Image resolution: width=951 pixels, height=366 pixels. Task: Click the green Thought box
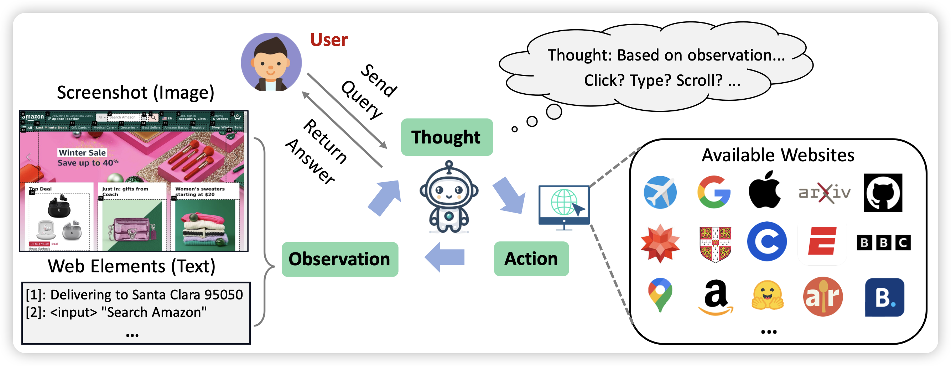click(447, 137)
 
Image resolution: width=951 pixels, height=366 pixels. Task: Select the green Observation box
click(340, 259)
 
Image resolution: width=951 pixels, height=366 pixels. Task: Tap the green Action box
click(531, 258)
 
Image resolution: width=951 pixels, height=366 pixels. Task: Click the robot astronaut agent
click(448, 197)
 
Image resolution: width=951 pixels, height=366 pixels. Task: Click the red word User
click(328, 40)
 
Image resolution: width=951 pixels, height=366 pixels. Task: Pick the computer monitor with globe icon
click(564, 206)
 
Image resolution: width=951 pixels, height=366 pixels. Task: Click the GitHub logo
click(883, 193)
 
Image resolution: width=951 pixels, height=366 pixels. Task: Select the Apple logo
click(765, 190)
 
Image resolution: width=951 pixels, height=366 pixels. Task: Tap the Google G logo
click(714, 192)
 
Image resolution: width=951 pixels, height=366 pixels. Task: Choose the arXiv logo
click(824, 193)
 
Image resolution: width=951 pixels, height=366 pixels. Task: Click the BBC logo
click(883, 242)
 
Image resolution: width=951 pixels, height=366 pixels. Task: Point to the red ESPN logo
click(822, 241)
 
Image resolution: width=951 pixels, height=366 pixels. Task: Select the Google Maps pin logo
click(660, 295)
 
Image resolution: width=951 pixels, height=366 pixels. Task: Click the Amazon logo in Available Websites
click(716, 297)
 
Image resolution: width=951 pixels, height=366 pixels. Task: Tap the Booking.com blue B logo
click(884, 297)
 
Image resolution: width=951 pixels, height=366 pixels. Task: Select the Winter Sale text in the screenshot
click(82, 153)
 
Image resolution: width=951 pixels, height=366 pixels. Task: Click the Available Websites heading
click(778, 155)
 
